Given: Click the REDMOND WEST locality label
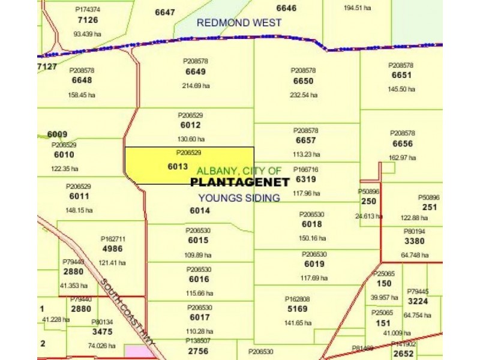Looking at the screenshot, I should point(239,23).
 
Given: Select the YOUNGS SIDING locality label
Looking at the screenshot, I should point(239,198).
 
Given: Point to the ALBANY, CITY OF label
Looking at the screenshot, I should point(239,171).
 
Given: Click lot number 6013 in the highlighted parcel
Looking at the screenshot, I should point(178,167).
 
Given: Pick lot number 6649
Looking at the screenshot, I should point(196,72).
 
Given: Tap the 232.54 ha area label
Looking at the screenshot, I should point(304,95).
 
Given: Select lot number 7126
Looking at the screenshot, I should point(88,20).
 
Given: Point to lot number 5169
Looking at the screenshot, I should point(296,309).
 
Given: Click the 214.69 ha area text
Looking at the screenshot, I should point(196,86).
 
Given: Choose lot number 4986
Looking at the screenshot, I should point(112,248).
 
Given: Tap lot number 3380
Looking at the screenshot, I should point(414,241).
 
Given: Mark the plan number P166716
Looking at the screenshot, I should point(305,170).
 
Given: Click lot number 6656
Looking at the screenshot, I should point(403,144).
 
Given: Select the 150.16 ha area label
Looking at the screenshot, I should point(312,238).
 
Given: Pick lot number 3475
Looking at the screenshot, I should point(102,332).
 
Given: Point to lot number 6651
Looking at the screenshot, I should point(401,75).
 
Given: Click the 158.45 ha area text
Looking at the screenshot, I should point(82,94).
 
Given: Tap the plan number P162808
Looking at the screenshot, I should point(297,299).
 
